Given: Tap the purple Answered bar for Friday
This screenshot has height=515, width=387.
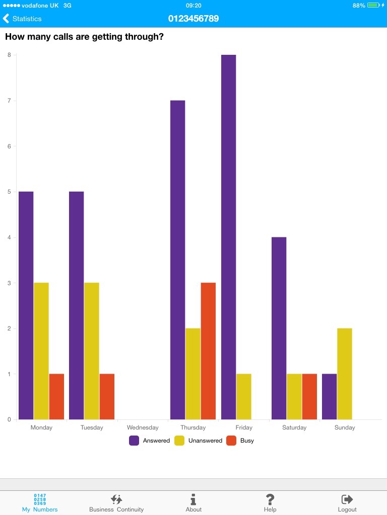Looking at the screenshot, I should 228,237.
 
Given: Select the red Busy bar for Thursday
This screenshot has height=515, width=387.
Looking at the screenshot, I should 208,351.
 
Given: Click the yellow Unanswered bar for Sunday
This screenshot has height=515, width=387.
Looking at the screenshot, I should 345,374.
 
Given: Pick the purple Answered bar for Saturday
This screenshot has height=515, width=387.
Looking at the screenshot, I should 279,328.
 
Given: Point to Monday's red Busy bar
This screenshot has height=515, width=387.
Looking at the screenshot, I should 56,396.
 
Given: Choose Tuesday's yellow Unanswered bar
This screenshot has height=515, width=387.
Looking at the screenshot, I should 92,351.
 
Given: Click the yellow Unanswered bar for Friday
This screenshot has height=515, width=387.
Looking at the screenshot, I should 244,396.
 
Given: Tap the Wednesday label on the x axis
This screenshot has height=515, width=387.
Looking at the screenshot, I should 143,427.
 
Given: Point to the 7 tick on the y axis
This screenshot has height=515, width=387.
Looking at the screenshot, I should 9,101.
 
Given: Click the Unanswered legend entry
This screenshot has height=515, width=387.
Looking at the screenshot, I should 199,441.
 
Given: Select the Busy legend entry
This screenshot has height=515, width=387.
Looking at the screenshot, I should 240,441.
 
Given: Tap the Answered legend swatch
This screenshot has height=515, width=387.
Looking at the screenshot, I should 134,441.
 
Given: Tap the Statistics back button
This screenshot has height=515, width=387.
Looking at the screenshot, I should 22,19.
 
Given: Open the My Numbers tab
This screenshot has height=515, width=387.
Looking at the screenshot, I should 40,502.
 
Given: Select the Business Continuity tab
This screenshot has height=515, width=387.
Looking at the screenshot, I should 116,502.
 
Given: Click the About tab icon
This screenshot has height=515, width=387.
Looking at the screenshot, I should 193,499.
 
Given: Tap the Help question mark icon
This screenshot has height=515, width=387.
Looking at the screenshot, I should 270,499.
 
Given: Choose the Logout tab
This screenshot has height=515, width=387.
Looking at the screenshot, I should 347,502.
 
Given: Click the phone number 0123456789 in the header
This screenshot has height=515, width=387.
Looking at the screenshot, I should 193,19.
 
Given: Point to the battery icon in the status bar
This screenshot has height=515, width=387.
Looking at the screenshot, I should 373,5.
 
